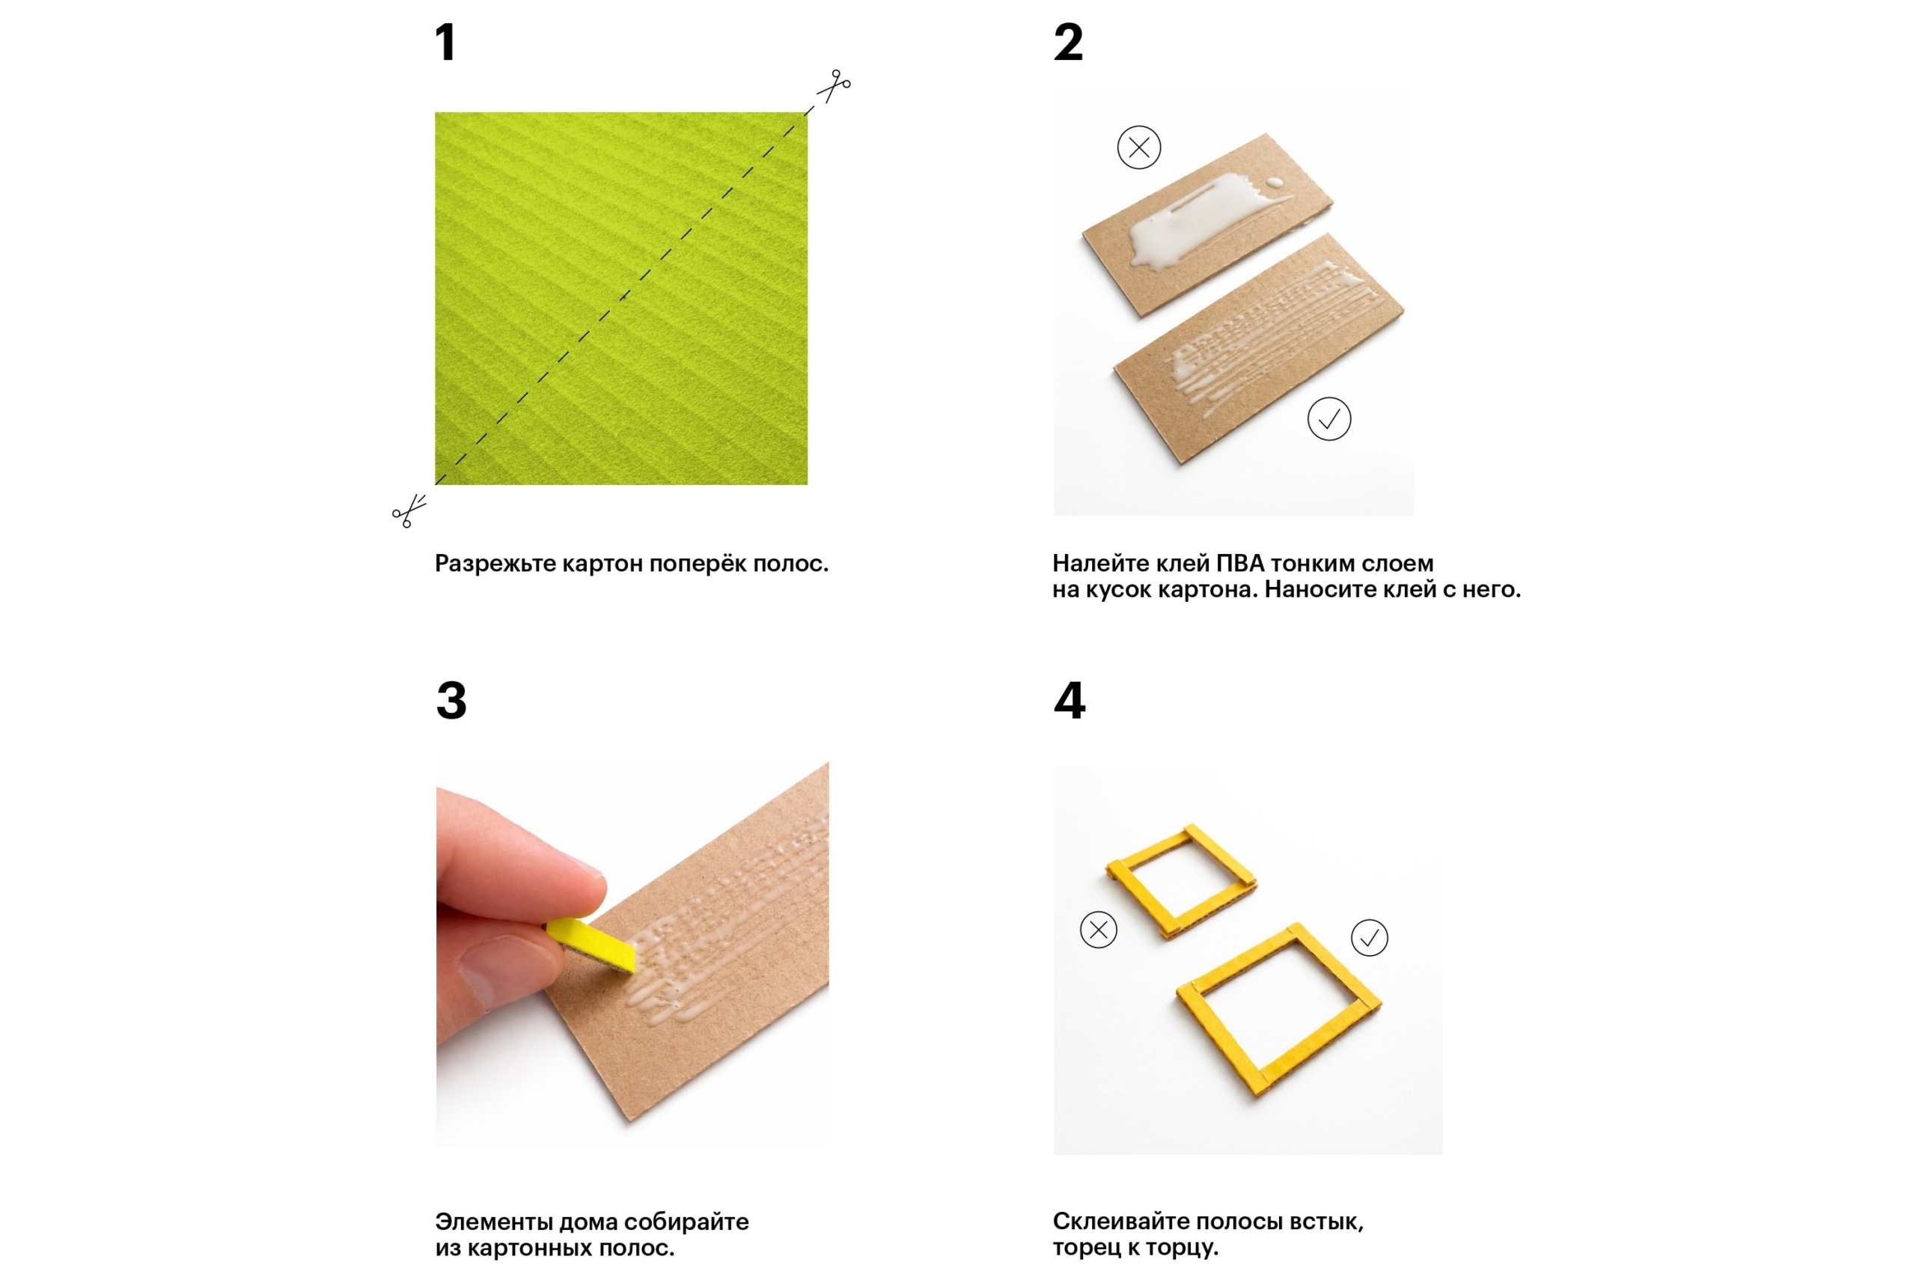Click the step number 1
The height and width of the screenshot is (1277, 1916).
pyautogui.click(x=445, y=43)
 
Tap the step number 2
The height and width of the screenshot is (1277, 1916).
pyautogui.click(x=1067, y=43)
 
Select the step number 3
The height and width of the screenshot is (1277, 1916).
pyautogui.click(x=451, y=701)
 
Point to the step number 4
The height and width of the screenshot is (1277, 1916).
pyautogui.click(x=1070, y=701)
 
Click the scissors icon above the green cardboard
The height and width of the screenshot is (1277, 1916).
pyautogui.click(x=834, y=85)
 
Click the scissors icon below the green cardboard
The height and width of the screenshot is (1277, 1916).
pyautogui.click(x=409, y=511)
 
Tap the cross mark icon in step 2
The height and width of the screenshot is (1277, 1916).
pyautogui.click(x=1138, y=147)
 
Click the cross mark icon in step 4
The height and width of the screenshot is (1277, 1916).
pyautogui.click(x=1098, y=929)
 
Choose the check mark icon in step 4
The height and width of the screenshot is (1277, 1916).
pyautogui.click(x=1369, y=937)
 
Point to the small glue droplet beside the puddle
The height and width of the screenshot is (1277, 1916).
pyautogui.click(x=1274, y=182)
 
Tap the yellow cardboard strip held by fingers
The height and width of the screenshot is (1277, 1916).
pyautogui.click(x=590, y=944)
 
